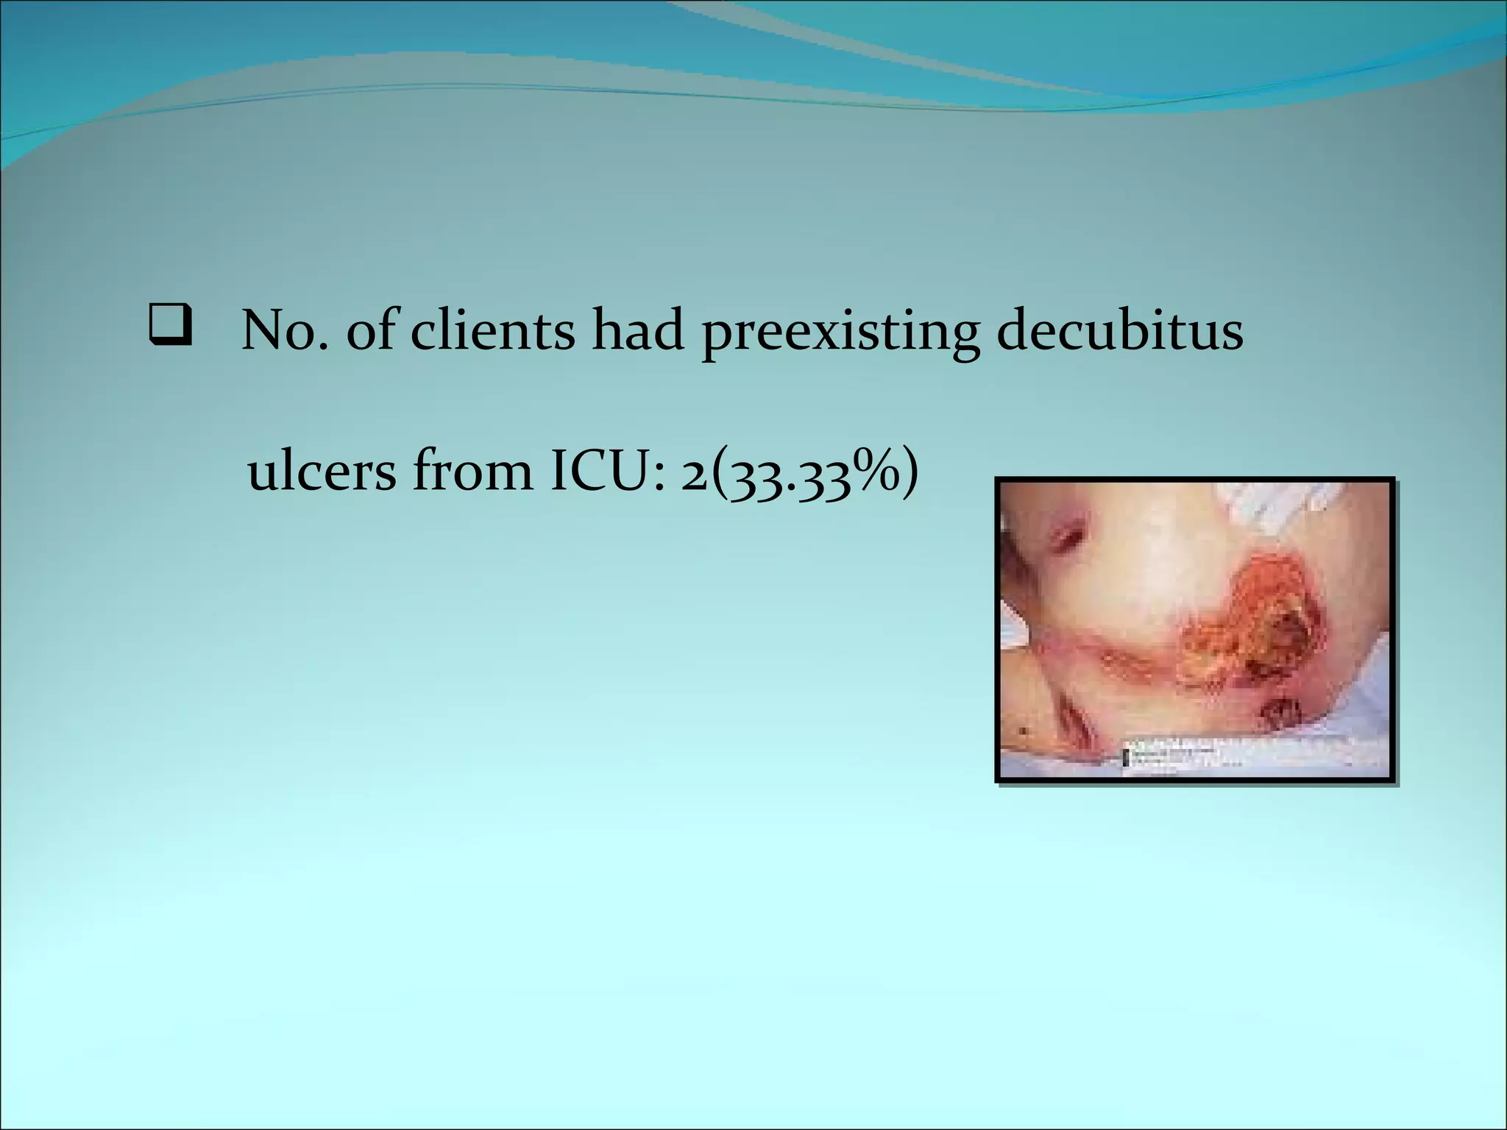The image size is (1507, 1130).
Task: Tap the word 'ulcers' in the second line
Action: coord(322,472)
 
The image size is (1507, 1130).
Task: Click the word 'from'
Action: coord(472,472)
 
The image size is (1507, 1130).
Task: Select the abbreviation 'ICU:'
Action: coord(608,472)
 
